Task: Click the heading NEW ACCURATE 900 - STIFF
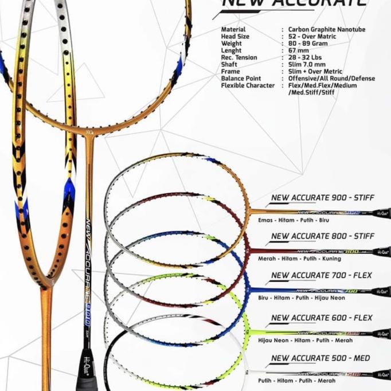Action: click(322, 198)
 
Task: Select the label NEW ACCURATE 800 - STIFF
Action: click(322, 236)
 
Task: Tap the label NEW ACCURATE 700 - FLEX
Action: click(321, 275)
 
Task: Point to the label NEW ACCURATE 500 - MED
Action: click(320, 358)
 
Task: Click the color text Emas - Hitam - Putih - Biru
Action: click(290, 220)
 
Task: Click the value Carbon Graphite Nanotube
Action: click(327, 29)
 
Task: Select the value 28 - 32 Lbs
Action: click(307, 57)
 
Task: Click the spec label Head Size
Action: click(236, 37)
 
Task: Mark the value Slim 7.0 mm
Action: click(307, 65)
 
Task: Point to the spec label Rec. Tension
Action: click(239, 57)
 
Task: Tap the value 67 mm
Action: click(299, 50)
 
